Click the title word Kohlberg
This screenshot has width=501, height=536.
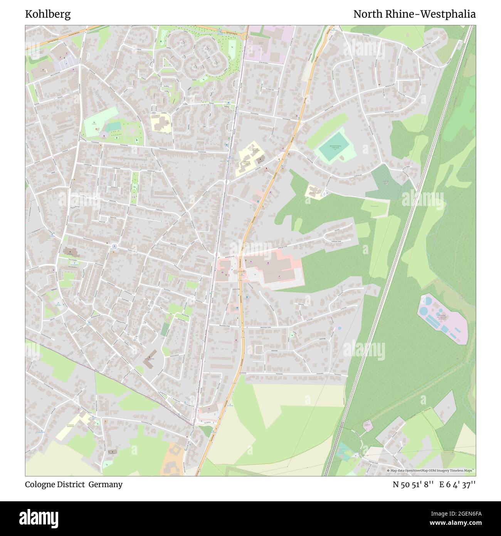48,14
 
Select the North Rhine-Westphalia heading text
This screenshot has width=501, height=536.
414,14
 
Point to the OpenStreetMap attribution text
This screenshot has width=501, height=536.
432,470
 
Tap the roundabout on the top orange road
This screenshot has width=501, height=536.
244,37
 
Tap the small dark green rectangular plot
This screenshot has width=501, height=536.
165,329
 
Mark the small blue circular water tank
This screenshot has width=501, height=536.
339,328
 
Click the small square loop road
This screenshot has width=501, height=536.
259,349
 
